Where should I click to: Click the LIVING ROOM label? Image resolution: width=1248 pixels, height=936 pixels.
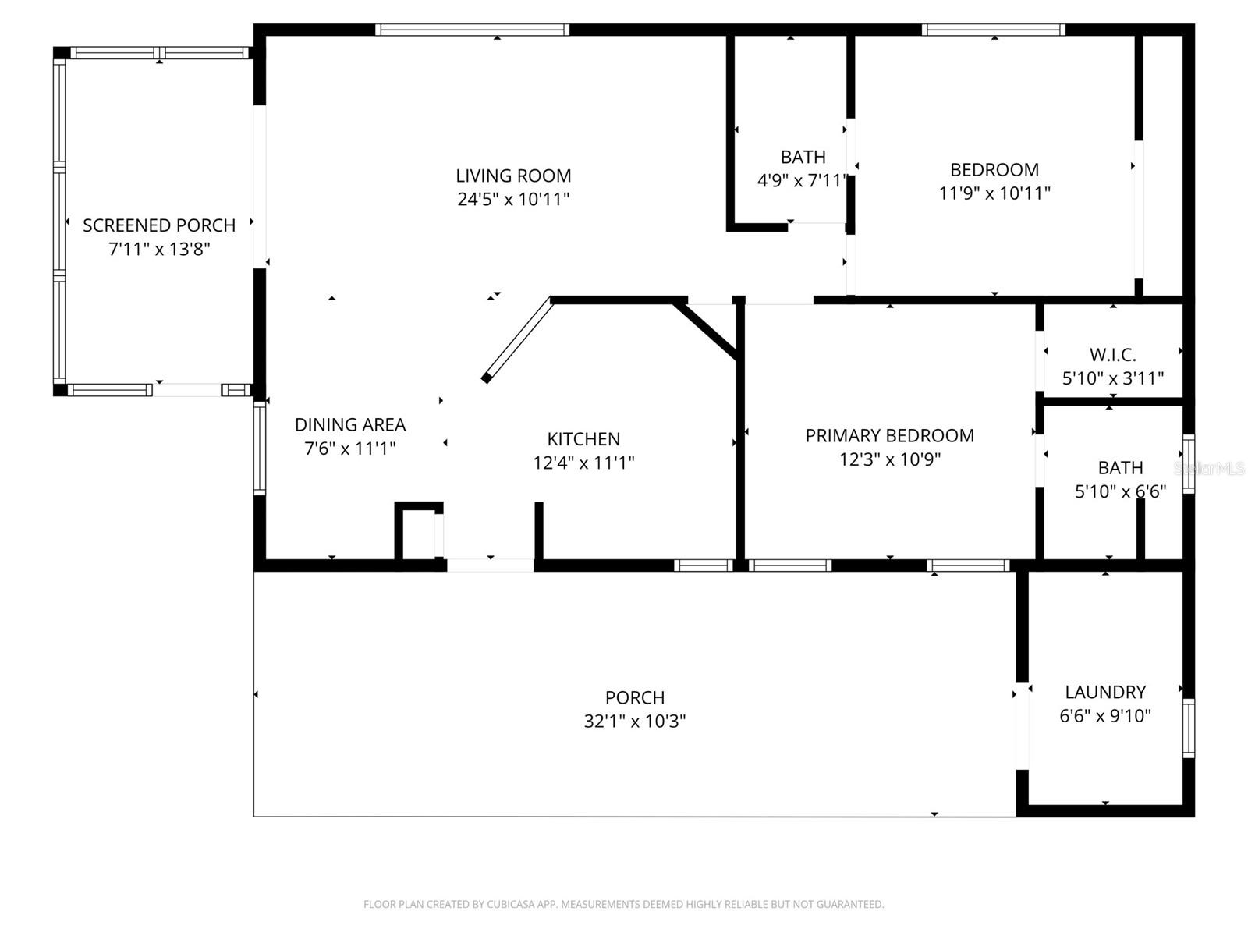tap(513, 175)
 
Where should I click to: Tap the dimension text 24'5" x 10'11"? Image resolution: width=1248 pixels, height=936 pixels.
tap(513, 199)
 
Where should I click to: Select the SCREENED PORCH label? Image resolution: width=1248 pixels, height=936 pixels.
tap(159, 225)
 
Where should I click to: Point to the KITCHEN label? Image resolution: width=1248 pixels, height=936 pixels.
tap(583, 439)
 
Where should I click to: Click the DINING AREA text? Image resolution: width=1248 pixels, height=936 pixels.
tap(350, 425)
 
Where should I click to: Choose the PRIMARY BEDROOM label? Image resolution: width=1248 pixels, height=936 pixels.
tap(889, 436)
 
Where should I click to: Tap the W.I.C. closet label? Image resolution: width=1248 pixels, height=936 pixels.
tap(1112, 355)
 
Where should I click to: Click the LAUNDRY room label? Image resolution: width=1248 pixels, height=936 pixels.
tap(1105, 692)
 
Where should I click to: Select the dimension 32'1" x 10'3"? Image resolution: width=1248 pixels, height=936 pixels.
tap(634, 721)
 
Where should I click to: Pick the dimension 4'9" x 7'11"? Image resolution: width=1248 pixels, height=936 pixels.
tap(802, 181)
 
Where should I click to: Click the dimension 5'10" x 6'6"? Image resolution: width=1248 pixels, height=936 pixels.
tap(1120, 491)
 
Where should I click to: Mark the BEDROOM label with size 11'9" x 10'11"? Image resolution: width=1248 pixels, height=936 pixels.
tap(994, 170)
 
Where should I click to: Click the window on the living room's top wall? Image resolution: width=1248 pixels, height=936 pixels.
tap(472, 30)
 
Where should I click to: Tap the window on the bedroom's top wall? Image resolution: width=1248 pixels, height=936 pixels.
tap(993, 30)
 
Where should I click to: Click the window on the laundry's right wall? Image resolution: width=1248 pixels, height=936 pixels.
tap(1188, 729)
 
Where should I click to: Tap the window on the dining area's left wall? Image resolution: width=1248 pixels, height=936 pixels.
tap(260, 448)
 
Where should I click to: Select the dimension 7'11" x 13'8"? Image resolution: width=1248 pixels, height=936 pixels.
tap(159, 250)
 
